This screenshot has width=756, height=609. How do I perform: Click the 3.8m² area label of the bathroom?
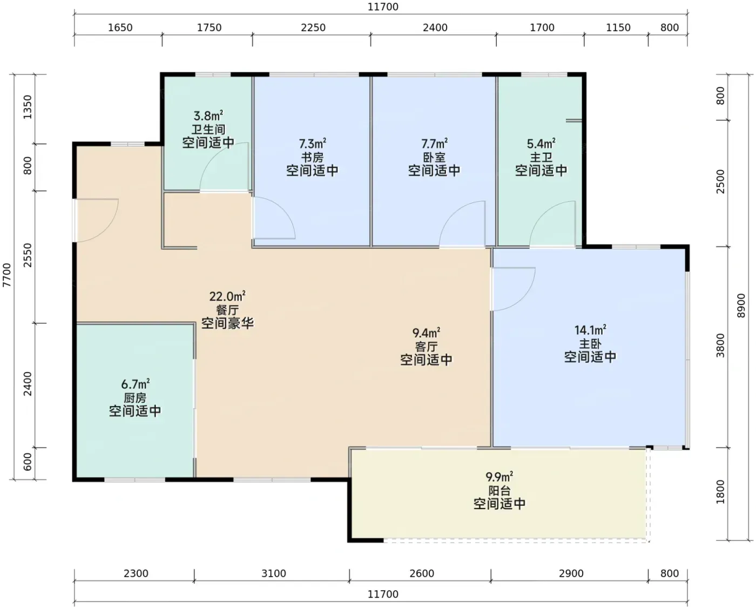[x=208, y=116]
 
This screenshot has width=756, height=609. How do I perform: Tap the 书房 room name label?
[x=312, y=157]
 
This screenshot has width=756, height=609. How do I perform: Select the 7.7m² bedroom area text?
[x=434, y=143]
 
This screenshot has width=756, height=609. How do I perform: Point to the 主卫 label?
[x=541, y=157]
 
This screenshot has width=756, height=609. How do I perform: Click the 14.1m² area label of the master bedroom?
[x=590, y=330]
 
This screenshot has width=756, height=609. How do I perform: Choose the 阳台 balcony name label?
[x=499, y=490]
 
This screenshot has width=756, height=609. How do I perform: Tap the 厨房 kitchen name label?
[x=135, y=397]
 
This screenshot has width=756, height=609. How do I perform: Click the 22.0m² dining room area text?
[x=227, y=296]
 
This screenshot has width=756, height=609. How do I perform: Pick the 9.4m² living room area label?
[x=426, y=332]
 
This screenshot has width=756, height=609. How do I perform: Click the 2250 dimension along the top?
[x=313, y=28]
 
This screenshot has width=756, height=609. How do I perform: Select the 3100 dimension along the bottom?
[x=274, y=573]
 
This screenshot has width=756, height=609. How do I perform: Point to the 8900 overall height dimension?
[x=740, y=306]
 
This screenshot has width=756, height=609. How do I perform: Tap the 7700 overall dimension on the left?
[x=7, y=275]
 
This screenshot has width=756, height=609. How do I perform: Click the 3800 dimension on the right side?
[x=720, y=346]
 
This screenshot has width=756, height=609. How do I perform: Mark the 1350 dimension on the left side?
[x=28, y=107]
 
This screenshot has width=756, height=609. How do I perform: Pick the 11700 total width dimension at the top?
[x=383, y=7]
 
